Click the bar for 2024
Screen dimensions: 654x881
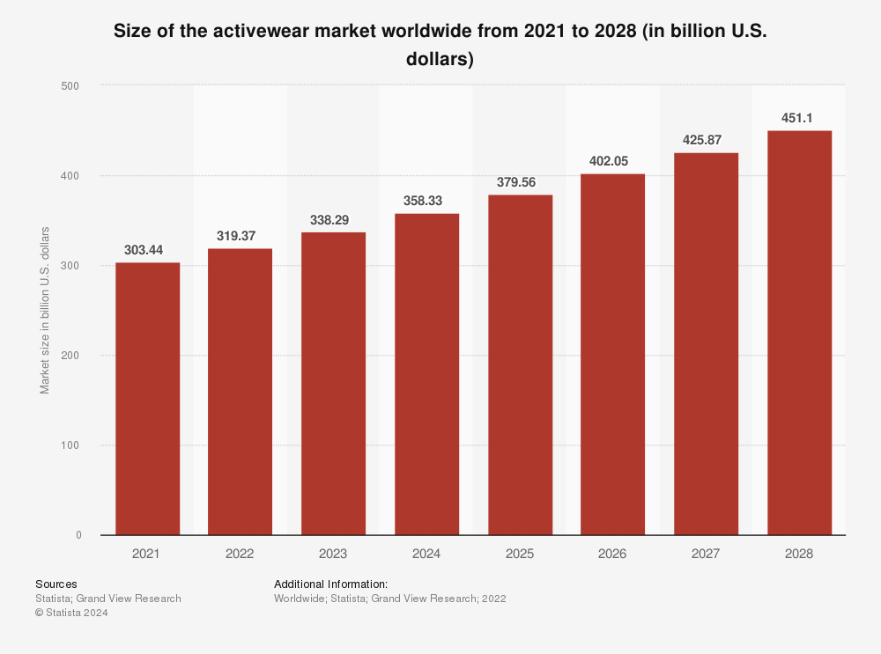[x=426, y=374]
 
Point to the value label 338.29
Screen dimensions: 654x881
[x=333, y=220]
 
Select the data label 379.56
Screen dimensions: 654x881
[x=520, y=182]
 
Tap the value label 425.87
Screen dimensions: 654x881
[x=706, y=140]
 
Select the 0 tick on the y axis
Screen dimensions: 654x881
[x=78, y=535]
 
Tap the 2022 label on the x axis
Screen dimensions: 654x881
[x=240, y=555]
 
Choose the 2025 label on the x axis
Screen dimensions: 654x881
[x=520, y=555]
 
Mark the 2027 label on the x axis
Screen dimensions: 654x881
[x=706, y=555]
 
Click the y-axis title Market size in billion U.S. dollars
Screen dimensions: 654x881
[x=45, y=310]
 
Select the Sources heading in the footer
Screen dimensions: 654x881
[x=56, y=584]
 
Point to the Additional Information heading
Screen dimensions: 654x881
[x=330, y=584]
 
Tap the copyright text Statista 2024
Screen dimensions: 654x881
[x=76, y=614]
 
